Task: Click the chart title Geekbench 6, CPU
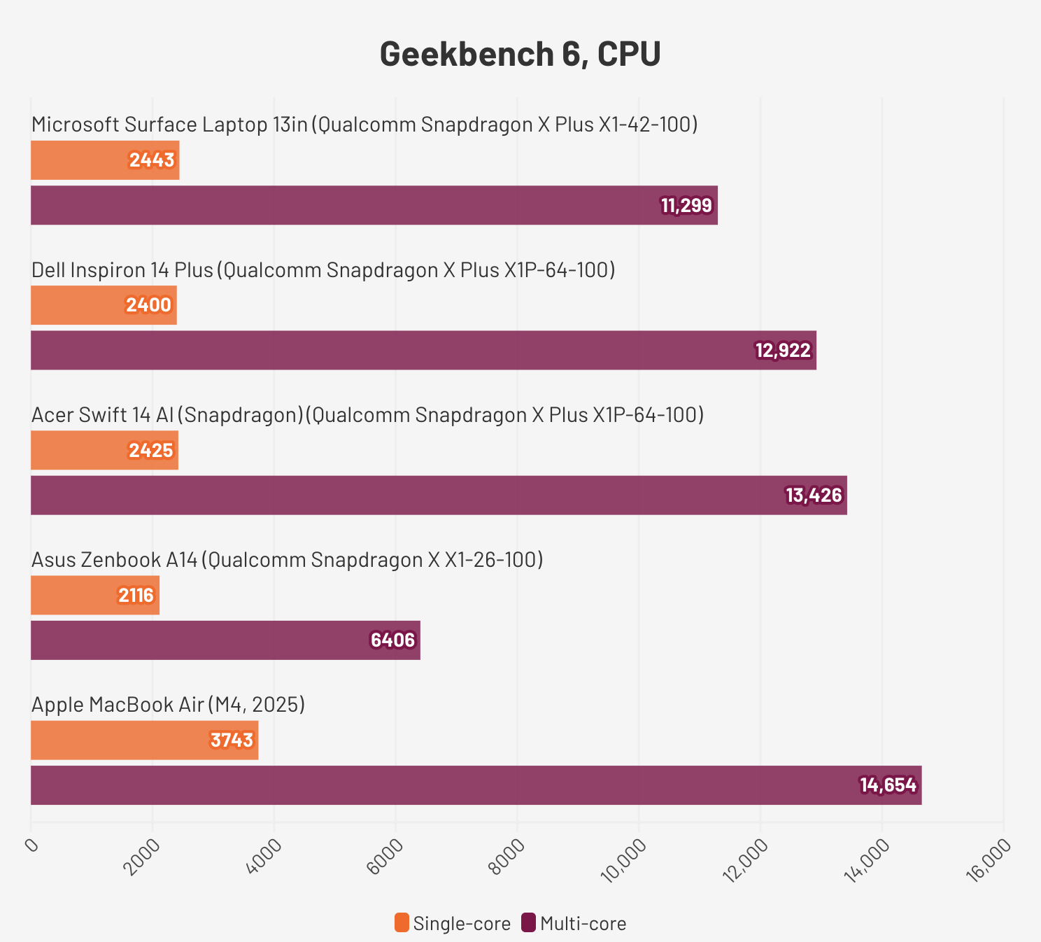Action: coord(520,54)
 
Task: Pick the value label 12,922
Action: coord(783,351)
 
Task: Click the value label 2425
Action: coord(150,451)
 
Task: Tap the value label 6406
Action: coord(392,640)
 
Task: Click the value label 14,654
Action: coord(888,785)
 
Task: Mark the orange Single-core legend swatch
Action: coord(402,923)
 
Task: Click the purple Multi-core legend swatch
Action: coord(529,923)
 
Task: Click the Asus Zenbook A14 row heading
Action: coord(287,560)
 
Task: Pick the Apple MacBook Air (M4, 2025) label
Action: coord(168,705)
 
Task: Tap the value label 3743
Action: coord(232,740)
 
